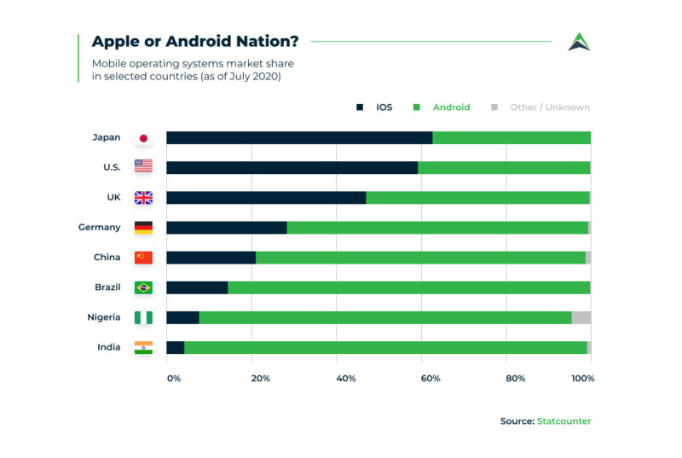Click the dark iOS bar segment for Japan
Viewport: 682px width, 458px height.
(x=299, y=138)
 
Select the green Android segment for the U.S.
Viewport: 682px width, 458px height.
(x=504, y=168)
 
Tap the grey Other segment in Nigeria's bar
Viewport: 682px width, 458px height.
(x=581, y=317)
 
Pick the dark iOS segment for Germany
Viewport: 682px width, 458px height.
(x=227, y=228)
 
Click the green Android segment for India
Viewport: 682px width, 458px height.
(x=385, y=347)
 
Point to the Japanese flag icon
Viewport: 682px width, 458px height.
(x=143, y=138)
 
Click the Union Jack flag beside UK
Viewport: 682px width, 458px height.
(x=143, y=198)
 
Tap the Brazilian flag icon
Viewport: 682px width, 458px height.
(x=143, y=287)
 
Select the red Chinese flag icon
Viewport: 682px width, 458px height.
(x=143, y=258)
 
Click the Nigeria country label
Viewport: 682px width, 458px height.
(x=103, y=317)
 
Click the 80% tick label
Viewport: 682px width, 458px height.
(x=517, y=378)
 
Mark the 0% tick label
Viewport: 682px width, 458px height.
(x=174, y=378)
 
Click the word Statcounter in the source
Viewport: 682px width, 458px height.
(x=564, y=421)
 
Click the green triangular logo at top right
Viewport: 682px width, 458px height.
(x=579, y=42)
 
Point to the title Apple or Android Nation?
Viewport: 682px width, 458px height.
(x=195, y=42)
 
